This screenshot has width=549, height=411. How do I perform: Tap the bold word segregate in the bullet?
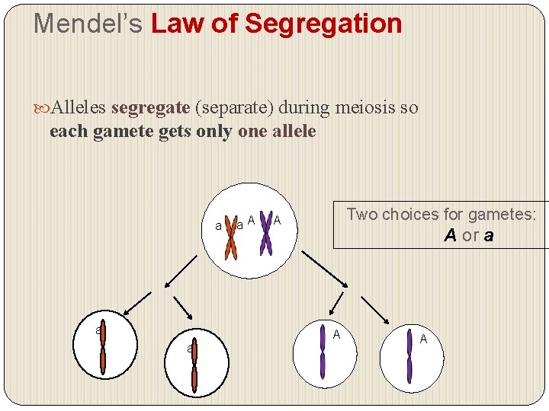pos(149,108)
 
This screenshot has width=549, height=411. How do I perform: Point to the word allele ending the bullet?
pos(292,132)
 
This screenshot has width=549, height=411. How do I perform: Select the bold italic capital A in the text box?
pos(450,236)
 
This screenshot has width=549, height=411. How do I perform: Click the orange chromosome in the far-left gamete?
pos(102,346)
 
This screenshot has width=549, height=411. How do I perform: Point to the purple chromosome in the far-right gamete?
pos(409,356)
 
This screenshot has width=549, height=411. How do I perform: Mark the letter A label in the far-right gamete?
pos(423,339)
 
